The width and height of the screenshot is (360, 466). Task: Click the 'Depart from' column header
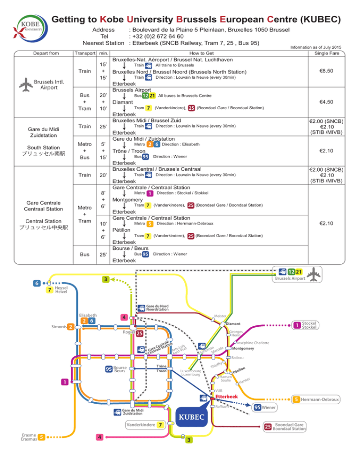click(x=47, y=53)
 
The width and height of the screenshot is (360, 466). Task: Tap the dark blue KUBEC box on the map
click(x=191, y=417)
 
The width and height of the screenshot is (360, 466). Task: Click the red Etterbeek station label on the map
click(x=228, y=396)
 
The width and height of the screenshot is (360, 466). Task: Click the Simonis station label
click(x=59, y=326)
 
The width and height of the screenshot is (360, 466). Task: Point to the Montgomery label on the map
click(x=243, y=348)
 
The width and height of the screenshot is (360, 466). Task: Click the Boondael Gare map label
click(x=287, y=426)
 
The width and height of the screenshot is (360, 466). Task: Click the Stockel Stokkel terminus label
click(x=309, y=325)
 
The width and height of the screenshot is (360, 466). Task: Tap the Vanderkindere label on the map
click(x=140, y=425)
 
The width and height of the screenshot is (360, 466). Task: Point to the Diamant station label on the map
click(x=233, y=323)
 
